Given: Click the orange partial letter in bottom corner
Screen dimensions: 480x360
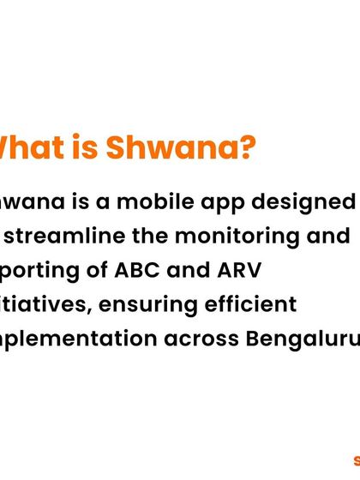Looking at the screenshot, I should tap(356, 460).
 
